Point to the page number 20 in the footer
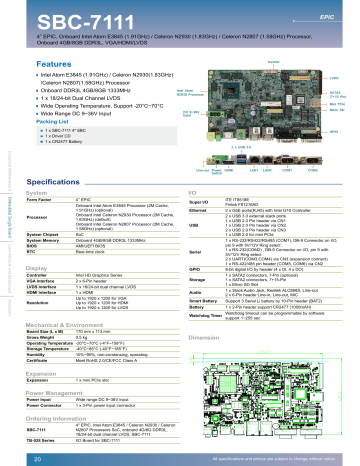[x=24, y=457]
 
